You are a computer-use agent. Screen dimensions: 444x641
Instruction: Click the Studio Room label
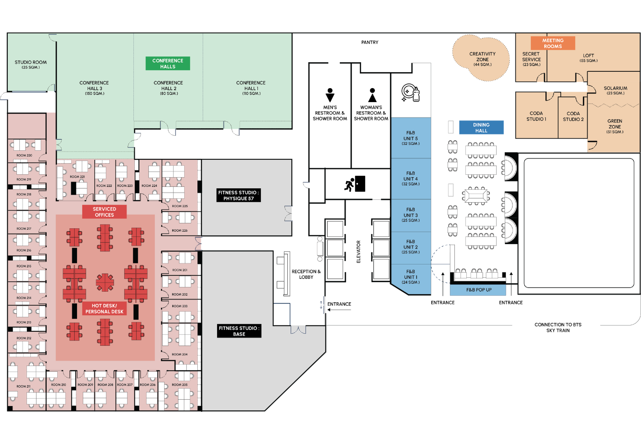tap(31, 65)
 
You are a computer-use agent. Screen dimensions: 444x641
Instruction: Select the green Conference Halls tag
tap(168, 64)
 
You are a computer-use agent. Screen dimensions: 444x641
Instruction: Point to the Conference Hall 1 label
tap(251, 88)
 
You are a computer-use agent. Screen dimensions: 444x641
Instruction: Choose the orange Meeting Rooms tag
tap(553, 43)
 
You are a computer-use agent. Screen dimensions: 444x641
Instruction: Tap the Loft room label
tap(589, 58)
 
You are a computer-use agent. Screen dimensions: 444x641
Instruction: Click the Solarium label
tap(615, 90)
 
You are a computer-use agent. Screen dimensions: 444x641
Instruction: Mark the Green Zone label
tap(615, 126)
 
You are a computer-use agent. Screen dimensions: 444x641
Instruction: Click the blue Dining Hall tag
tap(481, 128)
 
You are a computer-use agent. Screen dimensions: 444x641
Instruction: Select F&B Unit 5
tap(410, 139)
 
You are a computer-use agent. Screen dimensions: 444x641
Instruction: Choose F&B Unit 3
tap(410, 215)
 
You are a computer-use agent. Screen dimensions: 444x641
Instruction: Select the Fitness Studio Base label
tap(239, 331)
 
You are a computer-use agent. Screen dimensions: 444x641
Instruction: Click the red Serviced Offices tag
tap(104, 212)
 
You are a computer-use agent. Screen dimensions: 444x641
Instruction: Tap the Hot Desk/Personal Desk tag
tap(104, 309)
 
